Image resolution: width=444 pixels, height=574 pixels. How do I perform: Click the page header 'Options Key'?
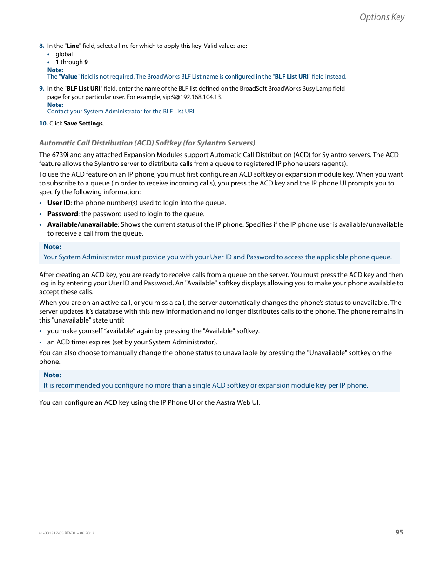pos(382,17)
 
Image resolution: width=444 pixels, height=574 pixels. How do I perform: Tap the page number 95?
pos(399,532)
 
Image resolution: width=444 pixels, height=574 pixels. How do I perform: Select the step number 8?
pos(41,46)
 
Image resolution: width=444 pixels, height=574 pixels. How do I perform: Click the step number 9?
pos(41,89)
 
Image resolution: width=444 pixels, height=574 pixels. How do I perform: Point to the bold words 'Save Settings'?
pos(83,124)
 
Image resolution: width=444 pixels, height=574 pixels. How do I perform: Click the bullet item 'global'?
pos(64,54)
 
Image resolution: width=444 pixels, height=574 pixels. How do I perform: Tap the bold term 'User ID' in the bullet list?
pos(59,203)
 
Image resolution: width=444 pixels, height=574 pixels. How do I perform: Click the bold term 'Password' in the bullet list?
pos(62,214)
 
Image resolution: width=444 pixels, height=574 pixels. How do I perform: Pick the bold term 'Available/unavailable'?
pos(82,224)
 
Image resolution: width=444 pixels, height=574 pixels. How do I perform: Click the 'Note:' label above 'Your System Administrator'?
pos(52,247)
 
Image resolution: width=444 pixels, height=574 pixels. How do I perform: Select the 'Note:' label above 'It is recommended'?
pos(52,375)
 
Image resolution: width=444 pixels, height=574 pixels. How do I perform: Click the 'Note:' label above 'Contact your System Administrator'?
pos(55,105)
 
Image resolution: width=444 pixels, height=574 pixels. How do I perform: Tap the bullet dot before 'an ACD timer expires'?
pos(41,343)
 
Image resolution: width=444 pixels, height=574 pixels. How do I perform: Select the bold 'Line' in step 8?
pos(73,46)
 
